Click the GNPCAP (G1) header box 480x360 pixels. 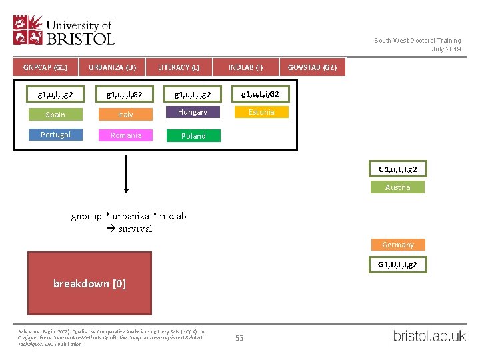[x=45, y=67]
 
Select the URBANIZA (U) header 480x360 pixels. [x=112, y=67]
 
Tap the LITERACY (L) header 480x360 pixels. [x=179, y=67]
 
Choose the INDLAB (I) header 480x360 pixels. [x=245, y=67]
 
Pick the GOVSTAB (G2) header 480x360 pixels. [x=312, y=67]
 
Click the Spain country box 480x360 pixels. [x=55, y=115]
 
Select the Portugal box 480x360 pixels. [x=55, y=135]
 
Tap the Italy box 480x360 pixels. [x=126, y=115]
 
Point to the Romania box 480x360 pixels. [x=126, y=135]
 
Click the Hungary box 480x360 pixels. [x=193, y=112]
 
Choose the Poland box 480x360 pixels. [x=193, y=135]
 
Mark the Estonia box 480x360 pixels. [x=261, y=112]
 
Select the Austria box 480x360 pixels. [x=398, y=187]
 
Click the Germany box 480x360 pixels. [x=398, y=245]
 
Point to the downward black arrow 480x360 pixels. [x=126, y=173]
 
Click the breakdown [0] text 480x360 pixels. [x=89, y=283]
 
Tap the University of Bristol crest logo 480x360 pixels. [x=29, y=30]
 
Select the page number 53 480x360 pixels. [x=239, y=338]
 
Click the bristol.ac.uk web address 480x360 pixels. [x=429, y=335]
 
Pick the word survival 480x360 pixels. [x=135, y=229]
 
